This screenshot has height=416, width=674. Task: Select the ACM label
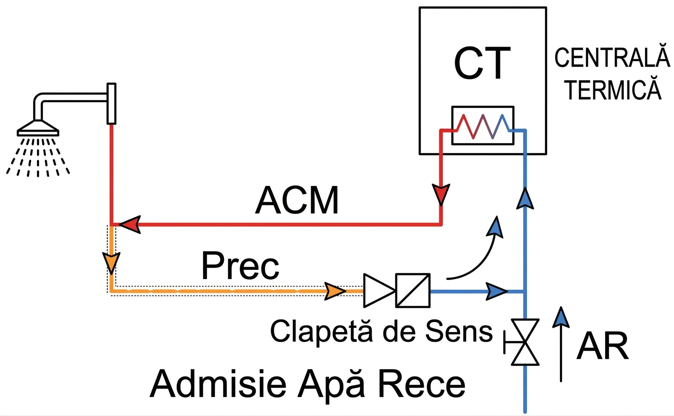click(x=297, y=200)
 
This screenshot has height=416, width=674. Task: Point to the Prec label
click(x=240, y=266)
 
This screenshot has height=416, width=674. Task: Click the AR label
click(x=602, y=346)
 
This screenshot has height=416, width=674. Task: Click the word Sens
click(x=459, y=331)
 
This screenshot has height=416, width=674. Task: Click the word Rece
click(x=422, y=384)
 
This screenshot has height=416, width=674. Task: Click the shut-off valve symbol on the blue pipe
click(x=525, y=342)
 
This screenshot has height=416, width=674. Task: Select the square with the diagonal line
click(x=413, y=290)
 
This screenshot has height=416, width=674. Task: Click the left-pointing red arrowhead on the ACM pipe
click(x=131, y=225)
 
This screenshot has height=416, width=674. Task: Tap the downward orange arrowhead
click(x=111, y=262)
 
